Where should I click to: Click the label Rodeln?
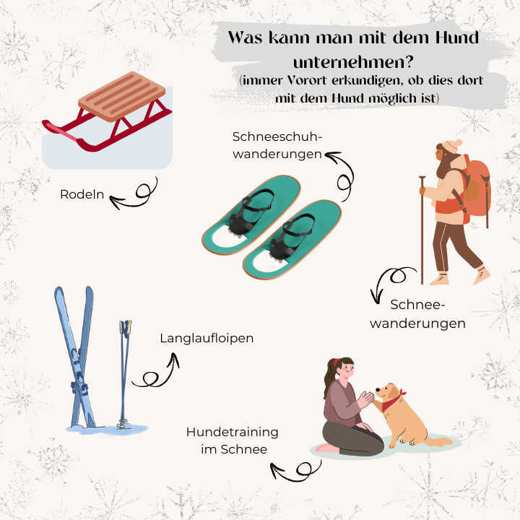[82, 195]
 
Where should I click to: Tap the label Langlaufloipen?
[207, 338]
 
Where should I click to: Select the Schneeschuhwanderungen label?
[278, 144]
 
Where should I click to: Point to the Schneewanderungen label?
[417, 314]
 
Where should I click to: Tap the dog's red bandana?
[392, 402]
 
